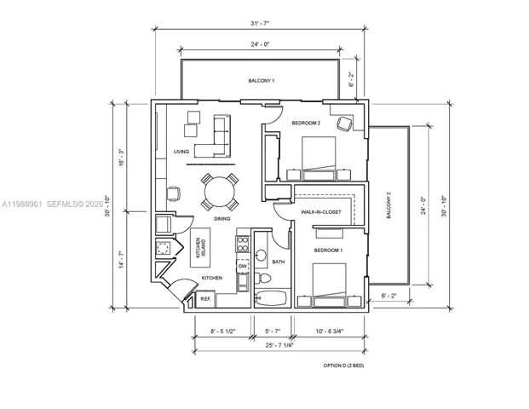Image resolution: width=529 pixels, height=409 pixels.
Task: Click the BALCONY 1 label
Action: tap(262, 81)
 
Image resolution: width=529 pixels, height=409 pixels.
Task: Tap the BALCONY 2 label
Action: tap(388, 205)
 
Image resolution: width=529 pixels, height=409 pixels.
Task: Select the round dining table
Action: tap(220, 192)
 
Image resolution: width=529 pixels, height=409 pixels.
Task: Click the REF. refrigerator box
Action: tap(205, 299)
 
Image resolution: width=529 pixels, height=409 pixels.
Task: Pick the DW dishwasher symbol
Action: tap(243, 266)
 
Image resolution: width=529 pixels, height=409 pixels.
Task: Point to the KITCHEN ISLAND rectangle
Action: tap(200, 248)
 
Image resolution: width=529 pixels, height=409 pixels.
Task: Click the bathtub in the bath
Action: tap(271, 298)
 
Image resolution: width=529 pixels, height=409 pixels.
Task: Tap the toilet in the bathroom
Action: tap(262, 278)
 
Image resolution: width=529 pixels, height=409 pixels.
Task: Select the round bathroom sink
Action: tap(261, 256)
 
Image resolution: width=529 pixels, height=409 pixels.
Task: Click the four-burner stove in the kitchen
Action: tap(243, 244)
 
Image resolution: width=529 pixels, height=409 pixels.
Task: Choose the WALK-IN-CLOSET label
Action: tap(321, 212)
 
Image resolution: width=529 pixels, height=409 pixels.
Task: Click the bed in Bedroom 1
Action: tap(330, 285)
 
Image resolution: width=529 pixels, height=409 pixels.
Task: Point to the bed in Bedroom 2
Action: tap(319, 158)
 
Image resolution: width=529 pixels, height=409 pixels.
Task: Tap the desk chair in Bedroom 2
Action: tap(345, 124)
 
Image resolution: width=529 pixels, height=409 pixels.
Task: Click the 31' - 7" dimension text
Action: tap(260, 23)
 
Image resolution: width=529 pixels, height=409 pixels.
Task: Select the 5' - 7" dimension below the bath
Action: tap(273, 331)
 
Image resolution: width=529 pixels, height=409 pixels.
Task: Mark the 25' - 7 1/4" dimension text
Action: tap(279, 345)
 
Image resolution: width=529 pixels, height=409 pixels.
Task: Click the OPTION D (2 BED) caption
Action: tap(343, 366)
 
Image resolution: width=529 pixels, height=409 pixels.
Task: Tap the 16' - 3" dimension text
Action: tap(122, 157)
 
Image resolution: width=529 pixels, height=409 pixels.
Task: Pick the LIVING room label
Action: tap(181, 152)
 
